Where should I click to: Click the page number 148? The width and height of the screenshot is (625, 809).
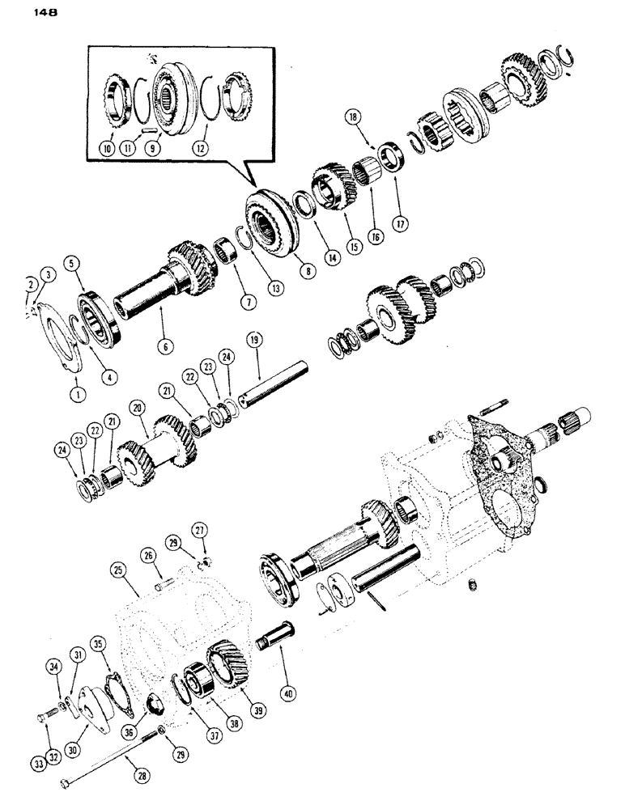coord(23,12)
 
